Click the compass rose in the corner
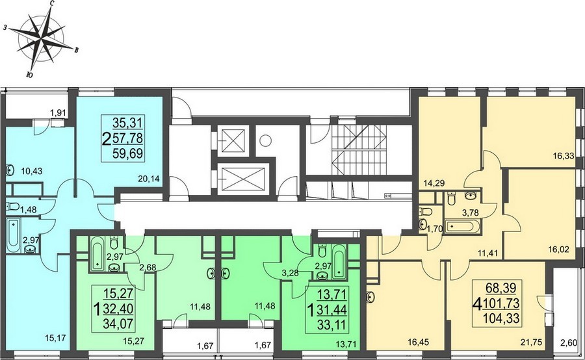click(x=41, y=39)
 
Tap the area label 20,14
click(x=148, y=179)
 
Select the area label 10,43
click(x=32, y=172)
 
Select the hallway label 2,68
click(x=148, y=268)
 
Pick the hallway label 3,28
click(x=291, y=273)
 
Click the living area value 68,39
click(x=500, y=288)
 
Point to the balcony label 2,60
click(x=569, y=342)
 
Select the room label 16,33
click(x=564, y=156)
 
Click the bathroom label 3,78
click(x=470, y=213)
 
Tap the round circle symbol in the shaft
click(x=265, y=140)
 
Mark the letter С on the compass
click(x=53, y=4)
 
